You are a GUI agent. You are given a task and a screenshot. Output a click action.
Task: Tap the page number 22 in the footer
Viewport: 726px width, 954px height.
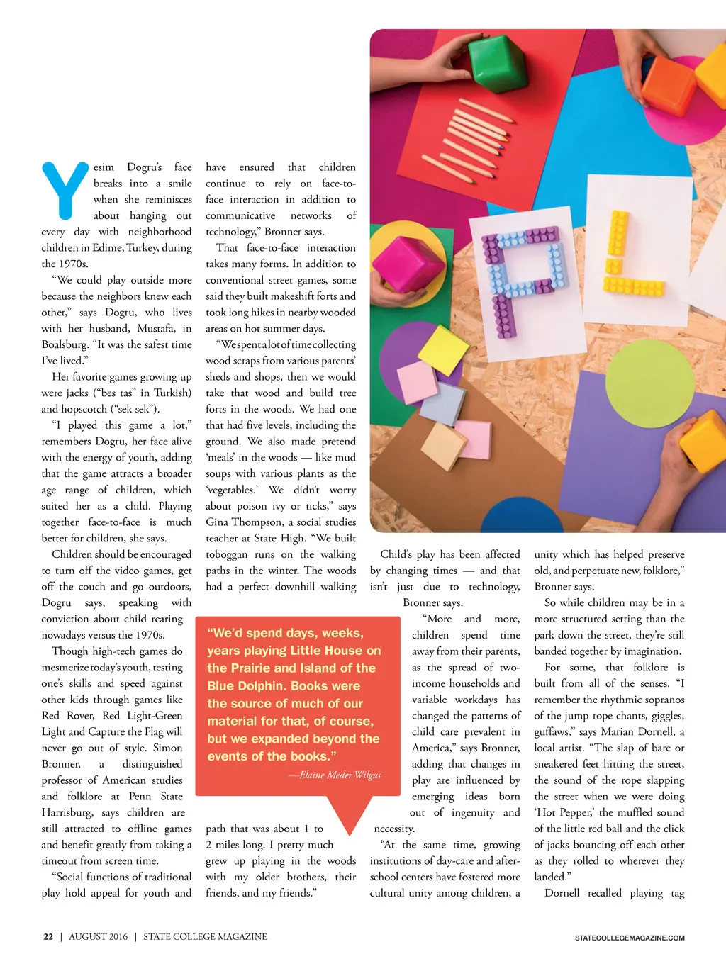coord(48,936)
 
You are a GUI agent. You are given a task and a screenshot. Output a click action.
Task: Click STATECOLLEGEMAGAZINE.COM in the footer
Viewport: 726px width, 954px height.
coord(630,938)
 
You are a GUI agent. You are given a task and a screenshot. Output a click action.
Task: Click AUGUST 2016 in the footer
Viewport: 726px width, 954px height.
coord(99,936)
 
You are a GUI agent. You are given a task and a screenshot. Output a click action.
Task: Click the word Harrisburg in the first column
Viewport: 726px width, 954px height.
coord(67,812)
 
